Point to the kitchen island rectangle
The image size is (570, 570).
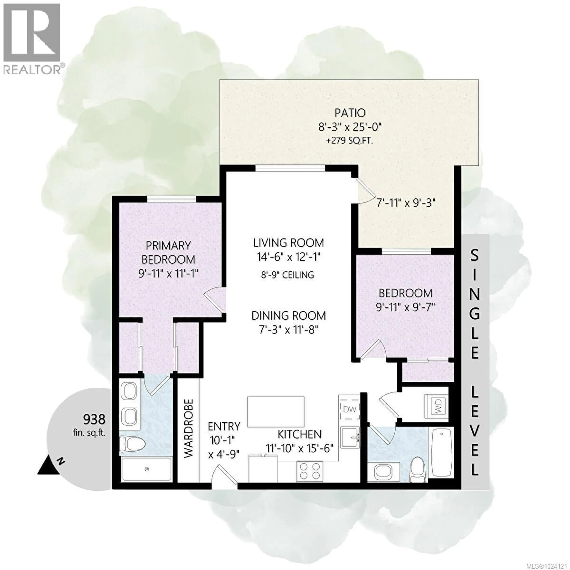pyautogui.click(x=275, y=412)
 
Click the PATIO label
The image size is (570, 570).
pyautogui.click(x=350, y=113)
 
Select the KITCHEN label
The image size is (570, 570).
pyautogui.click(x=299, y=434)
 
